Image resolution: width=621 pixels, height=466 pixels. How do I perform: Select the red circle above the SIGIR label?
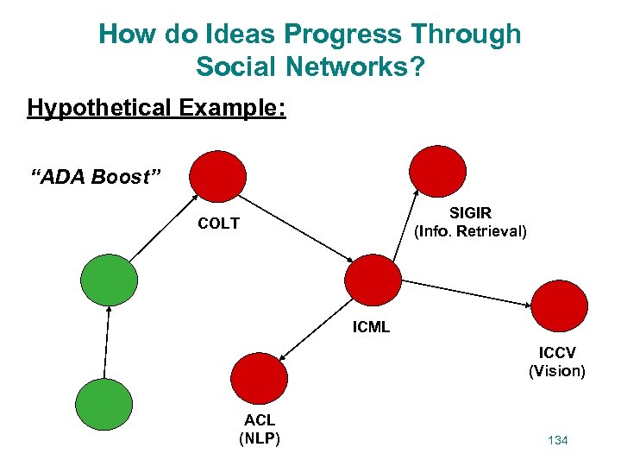[x=436, y=169]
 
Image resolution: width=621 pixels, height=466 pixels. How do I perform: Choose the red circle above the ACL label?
[x=259, y=378]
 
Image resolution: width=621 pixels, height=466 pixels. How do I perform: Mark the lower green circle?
[x=104, y=406]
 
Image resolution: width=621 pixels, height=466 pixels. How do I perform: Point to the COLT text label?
[x=218, y=224]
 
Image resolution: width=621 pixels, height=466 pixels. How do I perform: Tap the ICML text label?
[x=371, y=327]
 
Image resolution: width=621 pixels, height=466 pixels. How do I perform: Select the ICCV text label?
[x=557, y=354]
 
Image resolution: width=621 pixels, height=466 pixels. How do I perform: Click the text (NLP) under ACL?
[x=259, y=438]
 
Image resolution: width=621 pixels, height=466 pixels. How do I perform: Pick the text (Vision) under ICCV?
[x=557, y=371]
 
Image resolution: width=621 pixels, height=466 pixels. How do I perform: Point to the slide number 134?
[x=557, y=441]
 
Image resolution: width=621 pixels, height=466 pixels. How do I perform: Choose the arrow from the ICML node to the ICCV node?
[x=467, y=293]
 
